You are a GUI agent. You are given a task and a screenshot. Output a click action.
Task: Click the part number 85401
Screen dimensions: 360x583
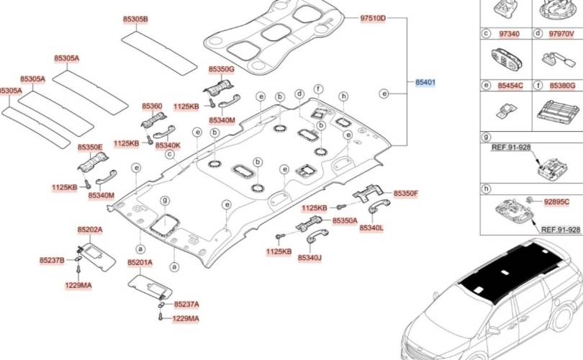point(425,84)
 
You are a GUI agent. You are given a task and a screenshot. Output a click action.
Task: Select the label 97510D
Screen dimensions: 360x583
point(373,17)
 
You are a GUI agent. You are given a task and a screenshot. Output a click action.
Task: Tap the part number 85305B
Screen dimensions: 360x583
point(135,19)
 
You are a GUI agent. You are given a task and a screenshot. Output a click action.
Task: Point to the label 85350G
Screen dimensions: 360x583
point(222,69)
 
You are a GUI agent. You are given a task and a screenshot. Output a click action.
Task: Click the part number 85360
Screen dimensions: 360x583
point(152,106)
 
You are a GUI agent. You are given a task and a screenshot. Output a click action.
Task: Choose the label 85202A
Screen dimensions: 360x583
point(90,230)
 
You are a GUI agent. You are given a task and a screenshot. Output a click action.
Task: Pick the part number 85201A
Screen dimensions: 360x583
point(140,263)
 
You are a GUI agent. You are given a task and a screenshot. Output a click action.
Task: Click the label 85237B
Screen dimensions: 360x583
point(52,260)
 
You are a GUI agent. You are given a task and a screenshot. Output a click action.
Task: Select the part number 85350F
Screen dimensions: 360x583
point(405,194)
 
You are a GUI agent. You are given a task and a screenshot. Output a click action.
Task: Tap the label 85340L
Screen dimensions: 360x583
point(392,228)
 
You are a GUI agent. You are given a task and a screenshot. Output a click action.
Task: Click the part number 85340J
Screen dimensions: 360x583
point(309,258)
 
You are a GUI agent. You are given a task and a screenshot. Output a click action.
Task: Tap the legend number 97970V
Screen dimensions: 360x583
point(561,34)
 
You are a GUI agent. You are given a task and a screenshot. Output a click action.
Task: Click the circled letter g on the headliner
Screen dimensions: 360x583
point(164,199)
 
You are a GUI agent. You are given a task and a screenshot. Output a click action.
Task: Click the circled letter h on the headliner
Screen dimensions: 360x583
point(344,96)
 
